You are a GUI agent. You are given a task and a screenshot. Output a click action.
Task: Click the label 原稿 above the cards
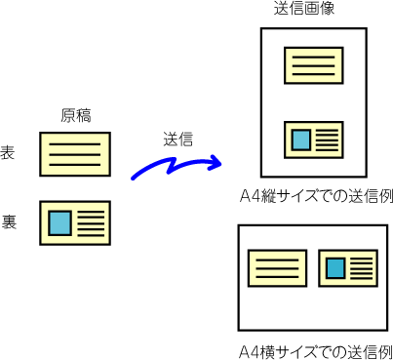point(76,115)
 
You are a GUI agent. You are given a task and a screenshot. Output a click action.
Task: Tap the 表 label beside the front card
point(8,152)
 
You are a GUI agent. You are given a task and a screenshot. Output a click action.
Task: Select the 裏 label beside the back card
point(9,221)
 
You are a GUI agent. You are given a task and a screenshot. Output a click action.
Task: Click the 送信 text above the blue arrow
point(177,140)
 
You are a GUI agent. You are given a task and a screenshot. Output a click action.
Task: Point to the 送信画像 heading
point(304,8)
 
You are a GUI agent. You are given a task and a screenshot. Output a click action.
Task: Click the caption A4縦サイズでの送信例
point(316,196)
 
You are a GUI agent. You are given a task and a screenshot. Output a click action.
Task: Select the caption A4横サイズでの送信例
point(315,351)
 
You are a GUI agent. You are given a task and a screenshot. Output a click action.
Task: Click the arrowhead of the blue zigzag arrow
point(216,162)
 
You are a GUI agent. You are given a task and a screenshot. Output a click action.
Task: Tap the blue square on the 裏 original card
point(59,223)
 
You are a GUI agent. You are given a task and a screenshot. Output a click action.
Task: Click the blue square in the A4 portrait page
point(301,140)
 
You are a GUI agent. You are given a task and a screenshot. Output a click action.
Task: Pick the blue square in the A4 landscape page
point(335,268)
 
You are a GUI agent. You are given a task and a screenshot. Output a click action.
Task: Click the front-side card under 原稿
point(75,154)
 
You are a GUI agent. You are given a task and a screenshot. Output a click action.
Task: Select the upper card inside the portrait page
point(314,65)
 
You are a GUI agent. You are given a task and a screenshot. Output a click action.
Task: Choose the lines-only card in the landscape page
point(277,268)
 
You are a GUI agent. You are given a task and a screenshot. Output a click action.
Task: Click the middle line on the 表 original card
point(75,154)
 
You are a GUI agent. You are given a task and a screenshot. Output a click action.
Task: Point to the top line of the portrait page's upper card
point(314,58)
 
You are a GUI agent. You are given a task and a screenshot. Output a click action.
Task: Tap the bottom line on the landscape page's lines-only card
point(277,277)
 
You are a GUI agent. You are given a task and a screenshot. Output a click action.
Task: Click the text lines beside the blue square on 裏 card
point(91,223)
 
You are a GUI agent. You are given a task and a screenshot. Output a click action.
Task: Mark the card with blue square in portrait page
point(314,140)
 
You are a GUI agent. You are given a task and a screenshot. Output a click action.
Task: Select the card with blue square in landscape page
point(348,268)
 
